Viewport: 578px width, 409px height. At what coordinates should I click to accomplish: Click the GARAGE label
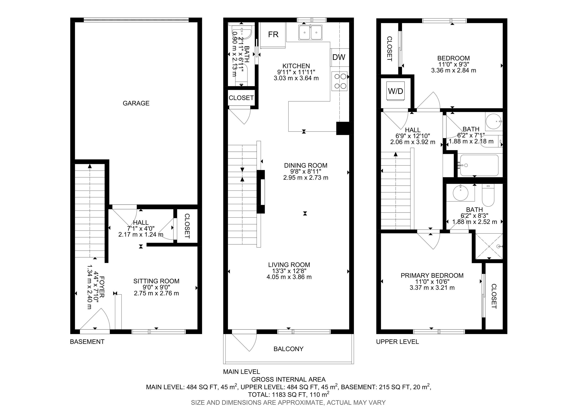tap(136, 103)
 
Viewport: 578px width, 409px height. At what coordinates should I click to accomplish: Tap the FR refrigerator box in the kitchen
tap(273, 35)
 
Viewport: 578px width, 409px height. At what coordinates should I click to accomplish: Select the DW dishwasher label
tap(339, 57)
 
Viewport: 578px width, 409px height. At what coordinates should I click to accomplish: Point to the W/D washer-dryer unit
tap(396, 91)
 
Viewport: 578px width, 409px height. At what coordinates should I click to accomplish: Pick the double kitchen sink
tap(310, 32)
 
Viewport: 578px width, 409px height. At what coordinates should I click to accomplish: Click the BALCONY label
tap(288, 349)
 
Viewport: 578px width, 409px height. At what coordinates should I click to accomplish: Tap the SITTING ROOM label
tap(156, 281)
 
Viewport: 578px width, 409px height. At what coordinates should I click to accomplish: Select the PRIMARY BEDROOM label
tap(432, 276)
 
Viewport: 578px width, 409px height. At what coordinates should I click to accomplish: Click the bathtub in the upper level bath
tap(479, 165)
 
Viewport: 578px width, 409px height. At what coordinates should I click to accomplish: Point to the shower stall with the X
tap(488, 246)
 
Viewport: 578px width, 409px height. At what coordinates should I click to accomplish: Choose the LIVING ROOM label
tap(289, 265)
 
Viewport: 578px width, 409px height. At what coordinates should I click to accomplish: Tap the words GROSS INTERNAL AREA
tap(288, 379)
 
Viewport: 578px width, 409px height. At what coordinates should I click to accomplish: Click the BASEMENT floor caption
tap(87, 342)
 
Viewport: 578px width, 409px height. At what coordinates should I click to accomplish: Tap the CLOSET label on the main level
tap(241, 98)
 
